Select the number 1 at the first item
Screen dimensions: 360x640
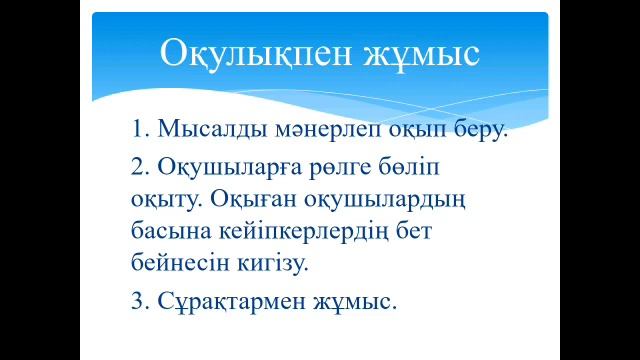pos(138,129)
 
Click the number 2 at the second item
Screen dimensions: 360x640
pos(138,164)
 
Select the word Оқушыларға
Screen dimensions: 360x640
pos(227,164)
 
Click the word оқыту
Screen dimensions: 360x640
pos(167,197)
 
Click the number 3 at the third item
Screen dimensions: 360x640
pos(138,300)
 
